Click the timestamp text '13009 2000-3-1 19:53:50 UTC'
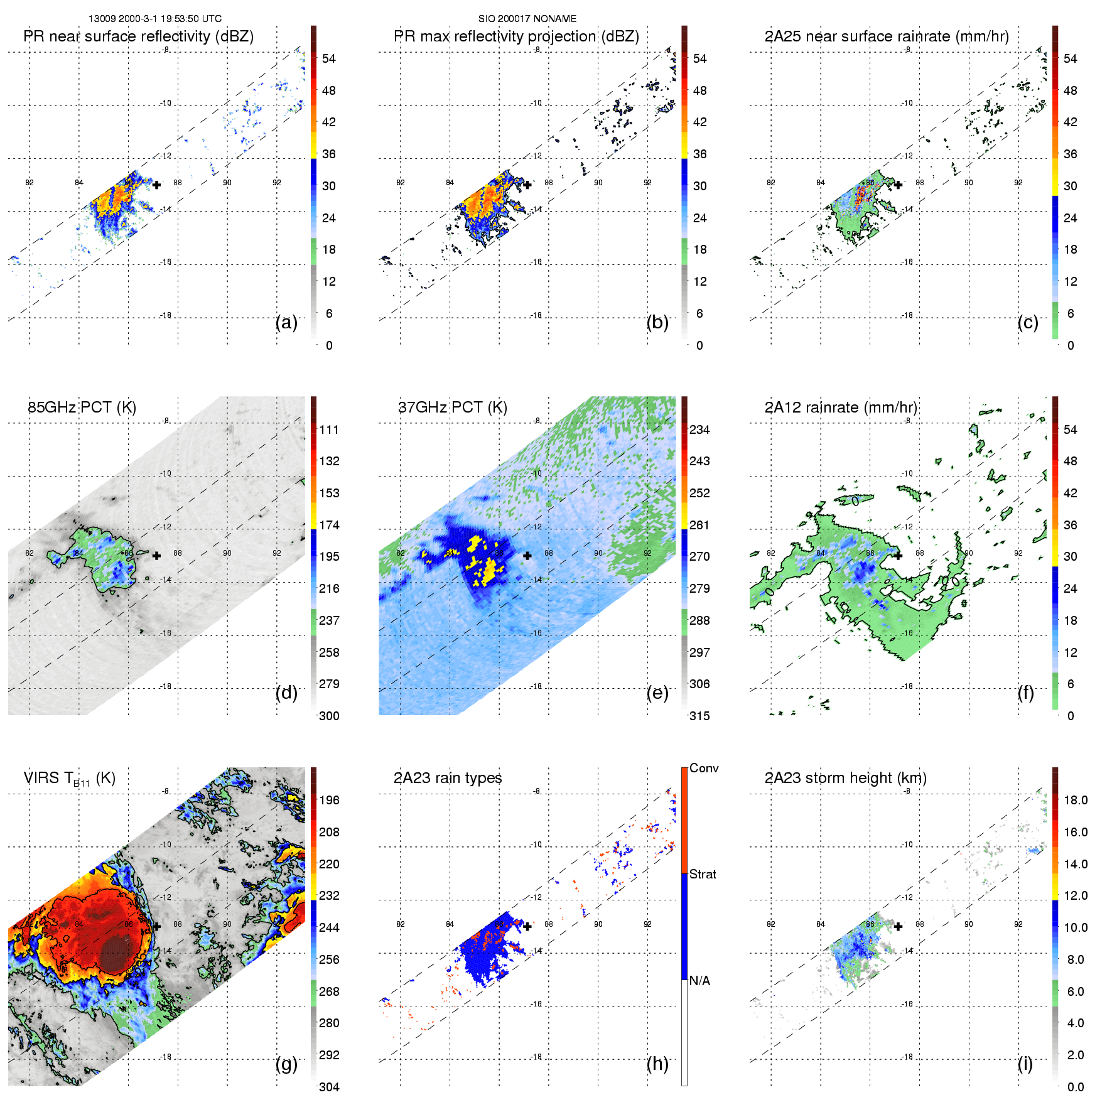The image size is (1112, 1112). tap(154, 19)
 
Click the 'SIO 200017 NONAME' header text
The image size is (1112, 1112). tap(527, 19)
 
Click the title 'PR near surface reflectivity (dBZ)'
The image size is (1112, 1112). tap(138, 36)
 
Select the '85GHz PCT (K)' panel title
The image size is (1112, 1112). tap(82, 408)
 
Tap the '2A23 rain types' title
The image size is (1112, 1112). tap(448, 778)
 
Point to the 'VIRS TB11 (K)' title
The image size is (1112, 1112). tap(69, 779)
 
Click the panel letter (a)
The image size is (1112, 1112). tap(286, 323)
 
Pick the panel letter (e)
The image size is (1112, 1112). tap(657, 693)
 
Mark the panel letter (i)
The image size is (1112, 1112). tap(1025, 1064)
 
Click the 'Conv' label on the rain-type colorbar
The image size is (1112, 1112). tap(704, 769)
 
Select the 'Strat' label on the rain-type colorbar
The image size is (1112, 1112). tap(703, 875)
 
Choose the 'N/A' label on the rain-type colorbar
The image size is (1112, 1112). tap(699, 981)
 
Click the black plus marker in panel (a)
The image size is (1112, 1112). tap(156, 185)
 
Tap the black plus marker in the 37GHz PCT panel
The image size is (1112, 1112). tap(527, 556)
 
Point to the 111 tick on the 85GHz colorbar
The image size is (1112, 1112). tap(329, 430)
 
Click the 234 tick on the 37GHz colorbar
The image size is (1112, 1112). tap(699, 430)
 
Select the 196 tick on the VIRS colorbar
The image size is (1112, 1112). tap(329, 801)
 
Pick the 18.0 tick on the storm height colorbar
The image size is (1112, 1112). tap(1076, 801)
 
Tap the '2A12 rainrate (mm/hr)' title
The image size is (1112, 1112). tap(841, 408)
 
